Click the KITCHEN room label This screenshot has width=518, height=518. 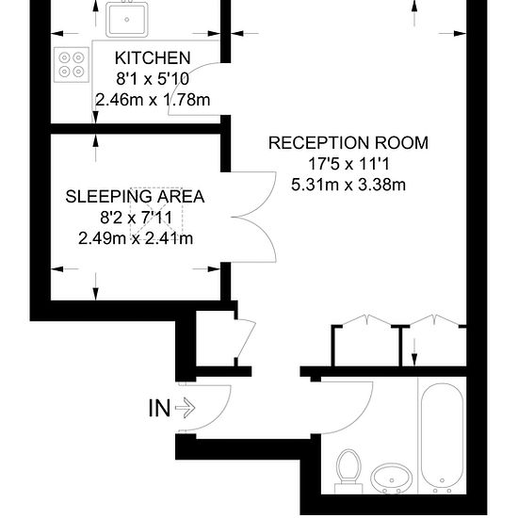click(153, 58)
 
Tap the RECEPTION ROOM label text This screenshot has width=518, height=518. click(348, 143)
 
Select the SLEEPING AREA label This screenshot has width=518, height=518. click(135, 197)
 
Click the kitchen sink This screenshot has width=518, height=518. click(126, 19)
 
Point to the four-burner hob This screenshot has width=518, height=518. click(72, 65)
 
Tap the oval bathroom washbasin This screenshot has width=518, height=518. click(392, 478)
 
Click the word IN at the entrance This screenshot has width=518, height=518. click(159, 409)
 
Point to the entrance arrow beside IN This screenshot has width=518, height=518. click(185, 408)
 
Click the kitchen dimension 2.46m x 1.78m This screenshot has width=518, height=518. click(153, 100)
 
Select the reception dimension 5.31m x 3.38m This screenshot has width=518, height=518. click(348, 185)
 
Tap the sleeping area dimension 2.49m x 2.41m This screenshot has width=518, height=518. click(136, 238)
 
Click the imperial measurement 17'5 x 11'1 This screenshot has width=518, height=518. click(348, 164)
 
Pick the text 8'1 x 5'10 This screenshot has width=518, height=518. click(153, 79)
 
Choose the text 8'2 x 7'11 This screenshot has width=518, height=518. click(137, 218)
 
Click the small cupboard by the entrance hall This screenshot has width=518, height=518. click(216, 338)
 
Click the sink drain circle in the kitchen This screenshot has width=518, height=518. click(126, 20)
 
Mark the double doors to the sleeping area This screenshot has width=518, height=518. click(253, 217)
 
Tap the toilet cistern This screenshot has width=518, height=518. click(348, 489)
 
